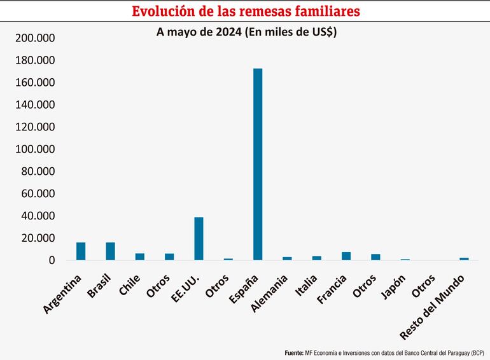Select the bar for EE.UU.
click(199, 239)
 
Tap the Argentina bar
click(81, 251)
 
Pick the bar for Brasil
click(110, 251)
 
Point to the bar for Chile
click(140, 256)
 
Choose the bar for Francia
click(346, 256)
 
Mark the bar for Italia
click(316, 258)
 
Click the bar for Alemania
click(287, 258)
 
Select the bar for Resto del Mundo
click(464, 259)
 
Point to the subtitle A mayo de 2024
click(200, 32)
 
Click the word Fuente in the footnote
click(293, 352)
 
